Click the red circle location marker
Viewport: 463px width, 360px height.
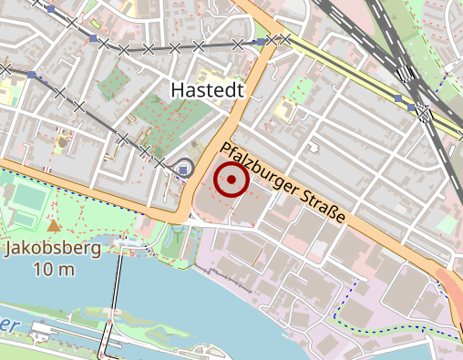point(231,180)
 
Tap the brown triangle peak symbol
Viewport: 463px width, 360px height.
point(54,224)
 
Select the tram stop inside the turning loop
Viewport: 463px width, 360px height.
point(185,169)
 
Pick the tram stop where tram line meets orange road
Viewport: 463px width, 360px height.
point(261,42)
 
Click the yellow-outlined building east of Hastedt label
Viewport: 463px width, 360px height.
point(283,112)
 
